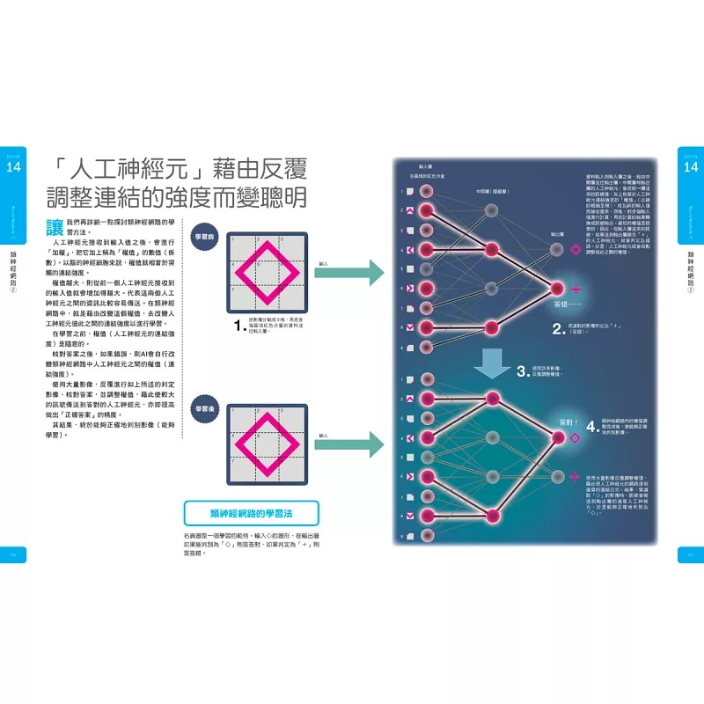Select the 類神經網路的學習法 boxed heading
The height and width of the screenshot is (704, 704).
(x=252, y=513)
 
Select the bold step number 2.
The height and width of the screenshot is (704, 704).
(x=556, y=330)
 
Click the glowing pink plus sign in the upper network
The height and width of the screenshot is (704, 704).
(x=576, y=289)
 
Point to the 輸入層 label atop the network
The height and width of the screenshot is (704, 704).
(x=425, y=165)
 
